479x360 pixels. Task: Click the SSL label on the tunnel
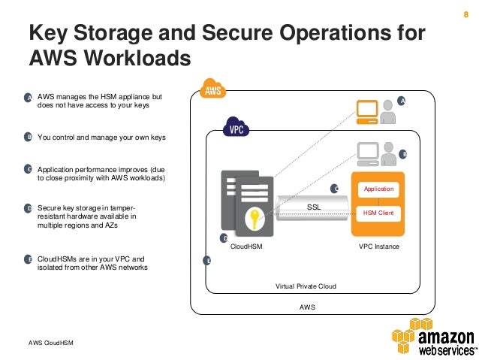pos(314,206)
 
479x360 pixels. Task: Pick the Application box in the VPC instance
pos(378,189)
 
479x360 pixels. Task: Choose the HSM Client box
pos(378,213)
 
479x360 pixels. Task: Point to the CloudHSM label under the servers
pos(246,246)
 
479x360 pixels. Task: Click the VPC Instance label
pos(379,246)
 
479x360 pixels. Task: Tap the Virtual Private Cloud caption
pos(306,286)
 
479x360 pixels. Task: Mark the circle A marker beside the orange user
pos(402,101)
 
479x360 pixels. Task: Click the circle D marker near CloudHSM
pos(223,237)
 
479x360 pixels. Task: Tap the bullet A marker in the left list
pos(29,98)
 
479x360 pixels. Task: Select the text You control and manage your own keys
pos(101,138)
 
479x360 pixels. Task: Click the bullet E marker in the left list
pos(29,259)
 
